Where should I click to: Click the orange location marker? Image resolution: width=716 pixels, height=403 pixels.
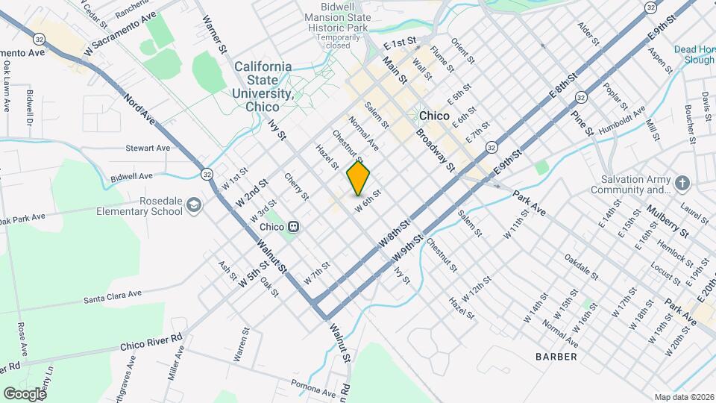(358, 178)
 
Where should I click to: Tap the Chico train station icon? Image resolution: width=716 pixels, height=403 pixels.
(295, 226)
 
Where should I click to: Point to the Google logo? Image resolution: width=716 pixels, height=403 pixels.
(24, 393)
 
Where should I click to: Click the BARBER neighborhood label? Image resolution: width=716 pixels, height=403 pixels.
(556, 357)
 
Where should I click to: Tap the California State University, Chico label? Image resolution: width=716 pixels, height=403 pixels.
(263, 86)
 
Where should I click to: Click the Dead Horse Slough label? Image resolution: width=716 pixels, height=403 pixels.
(694, 54)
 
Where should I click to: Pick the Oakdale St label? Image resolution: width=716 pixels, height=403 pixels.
(581, 266)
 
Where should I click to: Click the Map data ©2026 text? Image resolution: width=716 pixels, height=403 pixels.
(683, 397)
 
